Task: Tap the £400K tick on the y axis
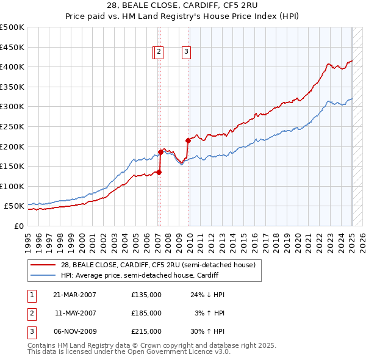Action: point(12,67)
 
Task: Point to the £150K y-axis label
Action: point(12,166)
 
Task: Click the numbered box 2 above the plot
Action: point(159,52)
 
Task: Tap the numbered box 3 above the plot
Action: point(185,52)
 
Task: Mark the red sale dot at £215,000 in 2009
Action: point(188,140)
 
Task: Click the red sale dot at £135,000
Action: point(159,172)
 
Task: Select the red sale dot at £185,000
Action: point(160,152)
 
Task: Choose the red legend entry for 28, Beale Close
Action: point(152,265)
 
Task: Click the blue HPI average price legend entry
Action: point(152,275)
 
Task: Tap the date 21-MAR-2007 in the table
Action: point(74,295)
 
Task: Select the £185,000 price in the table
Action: point(146,313)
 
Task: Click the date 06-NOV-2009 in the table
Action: point(75,331)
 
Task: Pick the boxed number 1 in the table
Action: point(30,295)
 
